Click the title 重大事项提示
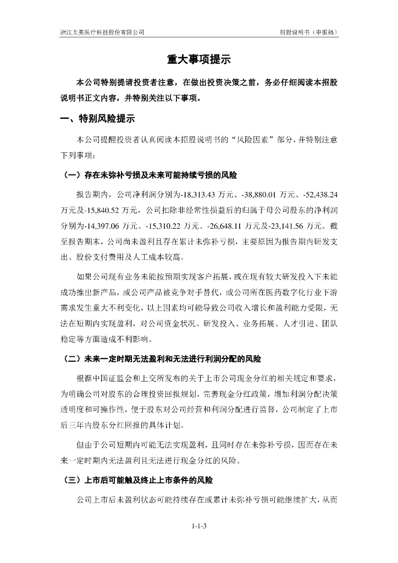198,60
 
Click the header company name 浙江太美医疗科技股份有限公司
102,32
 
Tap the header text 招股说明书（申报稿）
308,32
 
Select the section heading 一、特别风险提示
97,118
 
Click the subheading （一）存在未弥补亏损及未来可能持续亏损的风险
151,176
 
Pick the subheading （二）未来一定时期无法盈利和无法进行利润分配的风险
163,360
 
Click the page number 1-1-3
199,527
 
